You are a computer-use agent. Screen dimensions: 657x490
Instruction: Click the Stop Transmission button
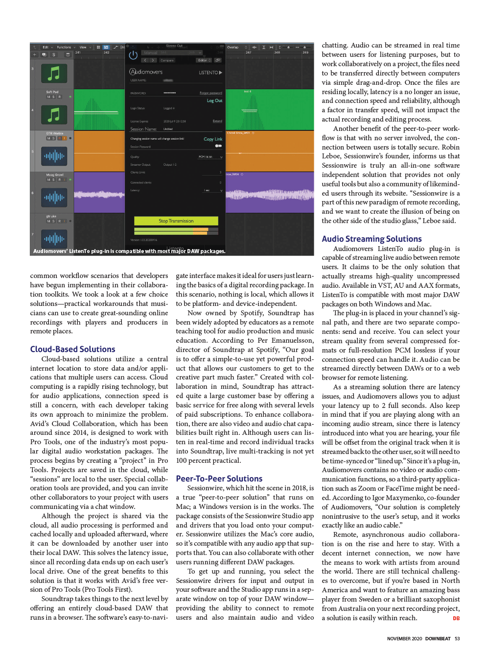176,221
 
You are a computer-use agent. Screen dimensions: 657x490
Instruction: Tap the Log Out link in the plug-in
214,101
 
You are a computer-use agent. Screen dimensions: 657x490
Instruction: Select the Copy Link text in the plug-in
212,139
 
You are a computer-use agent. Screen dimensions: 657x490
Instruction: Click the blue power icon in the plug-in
133,55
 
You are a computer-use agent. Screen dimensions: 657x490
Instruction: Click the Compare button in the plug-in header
167,60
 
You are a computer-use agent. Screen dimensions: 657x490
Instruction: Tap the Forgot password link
210,93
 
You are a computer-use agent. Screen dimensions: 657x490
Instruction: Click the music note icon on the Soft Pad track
54,115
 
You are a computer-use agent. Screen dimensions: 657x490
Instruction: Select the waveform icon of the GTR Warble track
54,156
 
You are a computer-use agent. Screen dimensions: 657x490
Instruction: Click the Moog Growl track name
55,175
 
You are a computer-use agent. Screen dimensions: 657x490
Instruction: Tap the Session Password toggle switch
218,146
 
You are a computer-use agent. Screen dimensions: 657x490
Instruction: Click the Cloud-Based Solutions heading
72,349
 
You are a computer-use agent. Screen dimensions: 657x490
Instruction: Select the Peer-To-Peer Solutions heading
219,479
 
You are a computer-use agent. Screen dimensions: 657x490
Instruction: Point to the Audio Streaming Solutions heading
372,239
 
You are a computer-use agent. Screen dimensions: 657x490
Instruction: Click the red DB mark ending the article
456,619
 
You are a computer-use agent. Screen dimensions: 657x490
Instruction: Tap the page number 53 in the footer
457,639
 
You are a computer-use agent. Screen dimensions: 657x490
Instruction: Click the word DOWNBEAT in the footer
438,639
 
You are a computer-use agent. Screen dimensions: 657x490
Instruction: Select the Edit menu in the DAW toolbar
46,48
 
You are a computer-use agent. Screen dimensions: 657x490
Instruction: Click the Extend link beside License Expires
217,121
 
